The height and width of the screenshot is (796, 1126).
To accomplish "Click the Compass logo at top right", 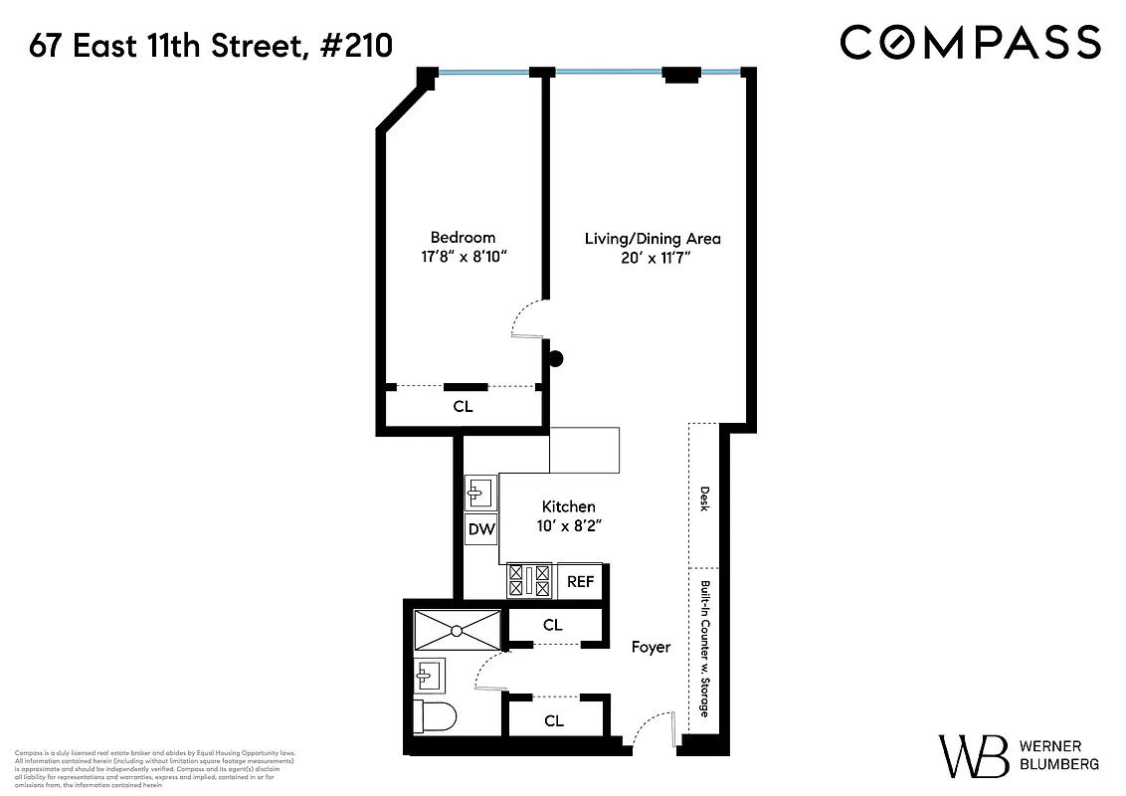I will (x=970, y=43).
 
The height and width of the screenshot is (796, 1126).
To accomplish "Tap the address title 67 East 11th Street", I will (x=211, y=46).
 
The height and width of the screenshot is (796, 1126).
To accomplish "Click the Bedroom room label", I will (x=463, y=238).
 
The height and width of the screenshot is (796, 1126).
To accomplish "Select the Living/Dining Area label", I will (x=652, y=239).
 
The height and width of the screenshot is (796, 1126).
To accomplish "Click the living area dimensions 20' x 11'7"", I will (x=652, y=259).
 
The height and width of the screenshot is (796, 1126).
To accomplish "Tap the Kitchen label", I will (x=569, y=506).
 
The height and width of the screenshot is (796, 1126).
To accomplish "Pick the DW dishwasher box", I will (x=481, y=529).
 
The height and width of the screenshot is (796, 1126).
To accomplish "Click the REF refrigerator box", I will (x=580, y=581).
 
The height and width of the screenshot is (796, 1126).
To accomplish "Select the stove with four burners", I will (x=530, y=581).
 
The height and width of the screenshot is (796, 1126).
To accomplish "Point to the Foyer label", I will (x=652, y=647).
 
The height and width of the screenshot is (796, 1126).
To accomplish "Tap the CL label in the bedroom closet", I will (x=463, y=407).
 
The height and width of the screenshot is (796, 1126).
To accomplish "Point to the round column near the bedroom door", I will (x=556, y=359).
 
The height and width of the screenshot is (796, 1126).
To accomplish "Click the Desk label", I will (x=704, y=498).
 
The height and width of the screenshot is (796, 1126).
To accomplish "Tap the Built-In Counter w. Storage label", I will (x=704, y=649).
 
